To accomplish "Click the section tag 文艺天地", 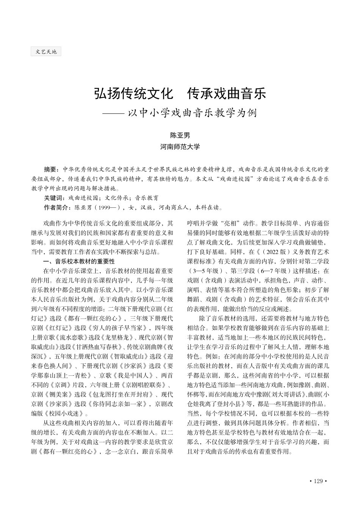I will coord(46,52).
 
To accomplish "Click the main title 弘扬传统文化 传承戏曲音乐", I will coord(180,94).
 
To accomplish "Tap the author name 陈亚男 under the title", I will coord(180,135).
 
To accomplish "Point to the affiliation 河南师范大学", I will coord(180,146).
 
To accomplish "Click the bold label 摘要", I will coord(51,169).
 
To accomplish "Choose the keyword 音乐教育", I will coord(147,198).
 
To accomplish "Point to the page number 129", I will coord(318,481).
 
